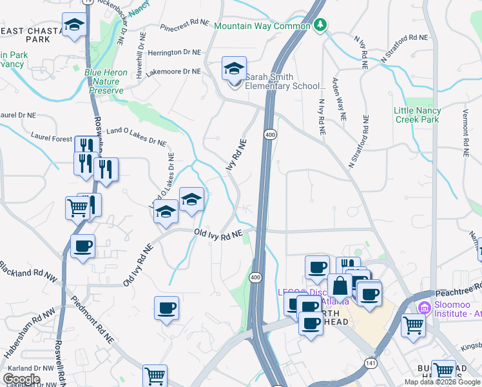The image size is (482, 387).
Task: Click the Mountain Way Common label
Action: point(264,26)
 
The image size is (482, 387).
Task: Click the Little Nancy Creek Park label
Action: point(417,115)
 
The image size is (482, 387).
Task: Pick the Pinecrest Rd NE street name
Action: point(185,25)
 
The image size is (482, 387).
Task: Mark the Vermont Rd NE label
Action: point(464,132)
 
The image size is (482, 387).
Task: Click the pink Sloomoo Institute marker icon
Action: point(424,307)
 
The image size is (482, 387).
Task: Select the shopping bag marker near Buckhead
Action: point(340,286)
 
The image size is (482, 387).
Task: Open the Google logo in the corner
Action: point(21,379)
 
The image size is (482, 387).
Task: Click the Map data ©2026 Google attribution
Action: point(442,382)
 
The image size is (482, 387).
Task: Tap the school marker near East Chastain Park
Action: point(75,26)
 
